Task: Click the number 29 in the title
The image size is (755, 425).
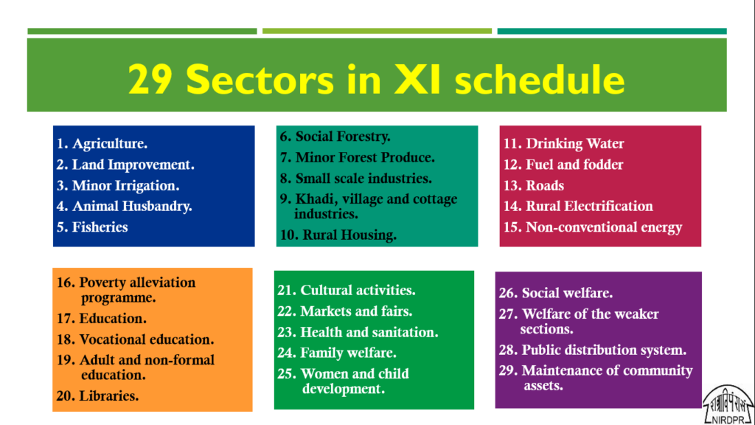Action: point(150,80)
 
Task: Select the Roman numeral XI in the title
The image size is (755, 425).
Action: point(417,80)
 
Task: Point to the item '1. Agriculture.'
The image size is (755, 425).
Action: point(102,144)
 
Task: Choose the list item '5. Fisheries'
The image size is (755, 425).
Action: point(92,227)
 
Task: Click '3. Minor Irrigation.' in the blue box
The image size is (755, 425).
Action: point(118,185)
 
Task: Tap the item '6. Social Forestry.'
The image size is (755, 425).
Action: point(335,137)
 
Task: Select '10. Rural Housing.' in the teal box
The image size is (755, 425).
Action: point(338,235)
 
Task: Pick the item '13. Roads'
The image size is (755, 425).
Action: point(534,185)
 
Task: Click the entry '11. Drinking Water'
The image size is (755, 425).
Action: point(563,144)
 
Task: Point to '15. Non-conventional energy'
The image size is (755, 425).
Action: point(593,227)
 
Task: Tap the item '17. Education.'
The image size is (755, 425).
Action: point(102,319)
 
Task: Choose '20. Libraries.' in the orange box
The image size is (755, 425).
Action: point(98,395)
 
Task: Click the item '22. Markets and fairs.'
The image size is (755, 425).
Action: point(345,311)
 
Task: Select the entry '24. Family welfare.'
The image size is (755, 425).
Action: point(337,353)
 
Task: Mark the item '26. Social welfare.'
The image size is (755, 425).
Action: point(556,293)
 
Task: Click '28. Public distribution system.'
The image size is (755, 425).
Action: point(593,350)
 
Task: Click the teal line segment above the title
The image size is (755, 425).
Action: point(612,31)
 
